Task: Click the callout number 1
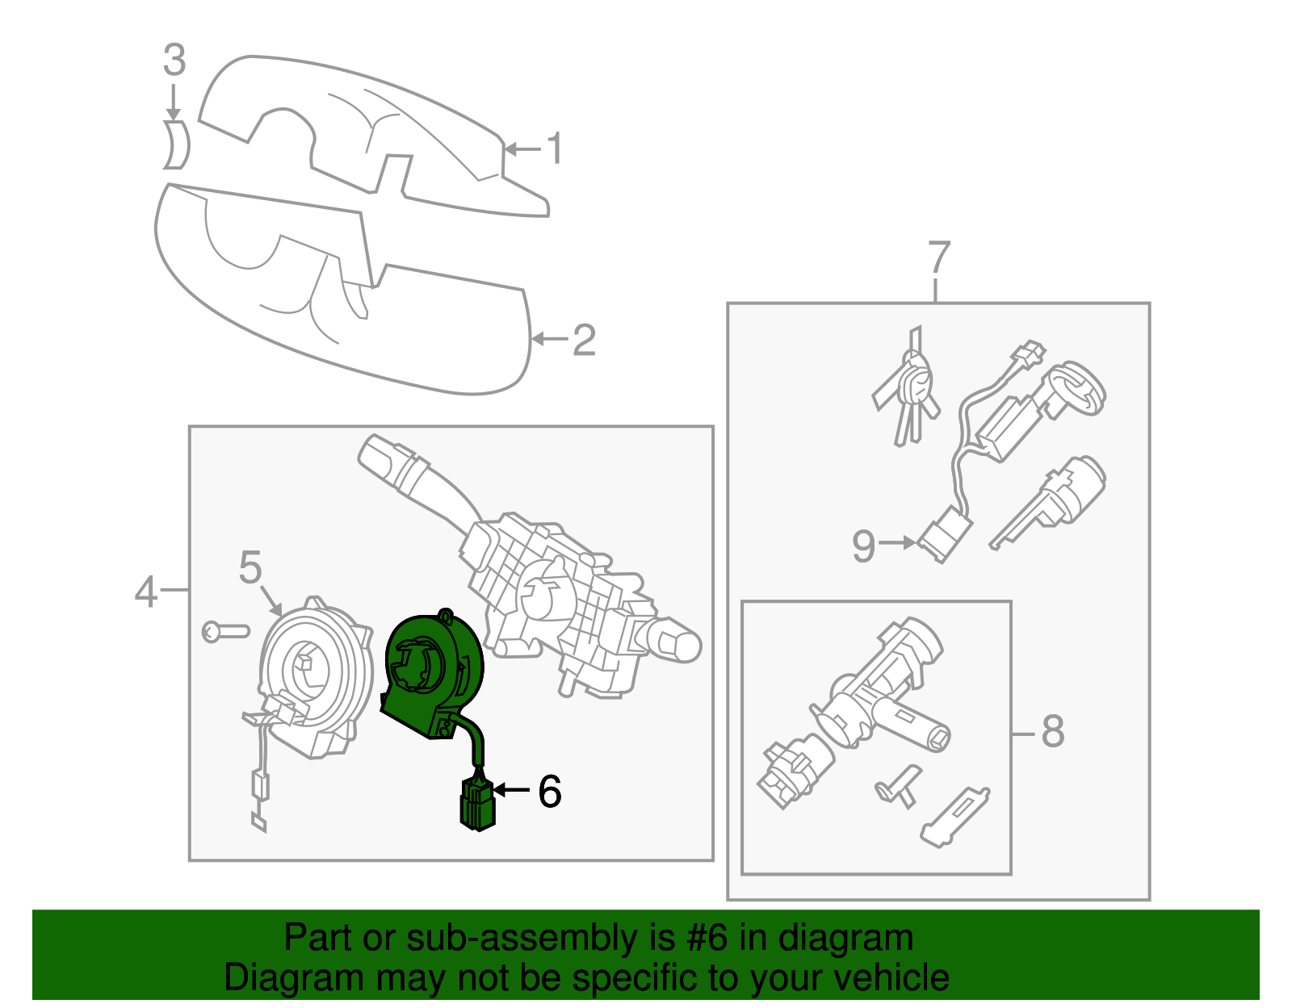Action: coord(554,148)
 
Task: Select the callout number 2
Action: coord(583,340)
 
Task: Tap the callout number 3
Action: coord(174,61)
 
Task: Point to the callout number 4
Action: coord(145,592)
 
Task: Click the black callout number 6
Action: coord(549,791)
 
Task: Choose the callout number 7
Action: coord(938,258)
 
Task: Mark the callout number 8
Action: coord(1052,731)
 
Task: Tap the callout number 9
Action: coord(863,546)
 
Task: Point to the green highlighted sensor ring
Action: coord(432,670)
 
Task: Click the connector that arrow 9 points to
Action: coord(943,536)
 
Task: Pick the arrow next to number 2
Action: coord(550,339)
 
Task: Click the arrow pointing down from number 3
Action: coord(172,103)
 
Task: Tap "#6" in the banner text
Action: coord(707,939)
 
